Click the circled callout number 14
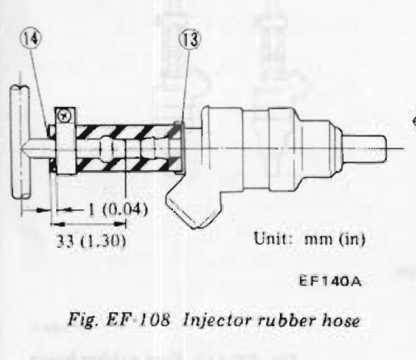point(31,38)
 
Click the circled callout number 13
point(191,39)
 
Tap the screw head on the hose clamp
point(65,116)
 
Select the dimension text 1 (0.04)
point(118,210)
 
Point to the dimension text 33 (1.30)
point(91,241)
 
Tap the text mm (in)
point(334,239)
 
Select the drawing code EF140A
point(331,281)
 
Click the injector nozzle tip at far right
point(364,148)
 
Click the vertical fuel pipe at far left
point(21,142)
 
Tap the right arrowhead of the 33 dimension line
point(120,224)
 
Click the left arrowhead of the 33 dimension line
point(57,225)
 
